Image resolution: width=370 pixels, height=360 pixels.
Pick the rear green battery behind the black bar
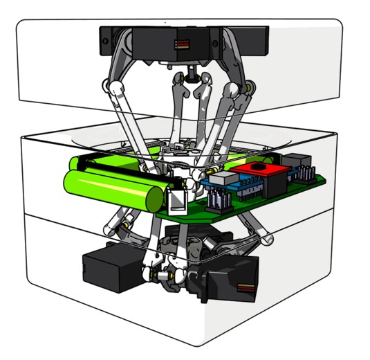tap(104, 164)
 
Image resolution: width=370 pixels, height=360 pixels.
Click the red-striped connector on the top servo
tap(183, 44)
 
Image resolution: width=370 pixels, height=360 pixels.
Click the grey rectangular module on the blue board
tap(221, 179)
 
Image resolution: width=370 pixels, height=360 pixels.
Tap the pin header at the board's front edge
tap(221, 203)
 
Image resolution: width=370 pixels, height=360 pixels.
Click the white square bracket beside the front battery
tap(177, 200)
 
